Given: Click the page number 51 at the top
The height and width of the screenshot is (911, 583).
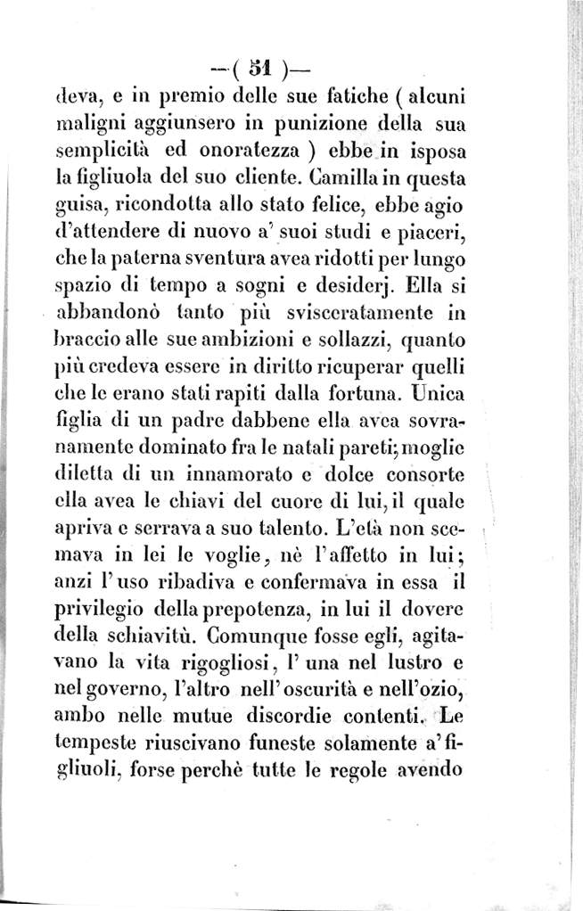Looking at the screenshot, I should pos(259,66).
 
